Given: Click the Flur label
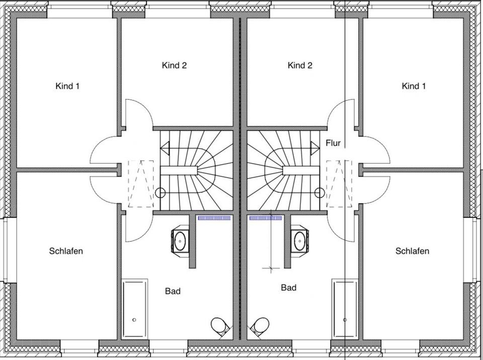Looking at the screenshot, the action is click(333, 143).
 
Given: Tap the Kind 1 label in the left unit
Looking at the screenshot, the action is click(67, 86).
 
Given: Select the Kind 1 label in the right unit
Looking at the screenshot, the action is click(414, 86).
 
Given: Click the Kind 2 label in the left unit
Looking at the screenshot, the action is click(174, 65).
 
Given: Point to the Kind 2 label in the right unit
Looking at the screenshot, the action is click(300, 65).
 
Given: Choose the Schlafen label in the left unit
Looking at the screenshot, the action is click(66, 251).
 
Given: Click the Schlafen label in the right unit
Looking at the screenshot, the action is click(412, 251).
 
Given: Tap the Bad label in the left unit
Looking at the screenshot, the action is click(173, 291).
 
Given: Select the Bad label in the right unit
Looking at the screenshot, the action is click(289, 287).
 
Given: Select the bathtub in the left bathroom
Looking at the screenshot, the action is click(134, 308).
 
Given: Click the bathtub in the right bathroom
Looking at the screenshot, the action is click(345, 308).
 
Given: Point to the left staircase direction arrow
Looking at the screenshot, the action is click(166, 149).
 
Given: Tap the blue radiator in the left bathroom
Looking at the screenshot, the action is click(214, 219).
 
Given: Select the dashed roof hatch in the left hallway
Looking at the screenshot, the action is click(141, 183).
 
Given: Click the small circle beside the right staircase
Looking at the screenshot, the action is click(318, 192).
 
